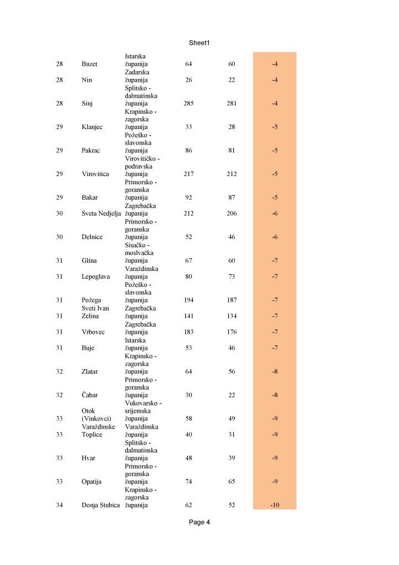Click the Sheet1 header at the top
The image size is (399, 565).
pos(199,42)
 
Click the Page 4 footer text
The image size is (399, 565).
pos(199,522)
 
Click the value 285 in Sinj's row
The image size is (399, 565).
pos(188,103)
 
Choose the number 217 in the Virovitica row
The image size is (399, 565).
pos(188,174)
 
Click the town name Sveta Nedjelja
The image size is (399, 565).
pos(100,214)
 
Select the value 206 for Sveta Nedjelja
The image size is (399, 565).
pos(231,214)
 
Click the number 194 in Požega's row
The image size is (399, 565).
pos(188,300)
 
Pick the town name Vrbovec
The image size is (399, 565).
pos(93,332)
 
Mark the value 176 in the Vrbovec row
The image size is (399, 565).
pos(231,332)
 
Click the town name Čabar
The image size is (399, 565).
pos(90,395)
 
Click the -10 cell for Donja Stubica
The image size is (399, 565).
pos(274,505)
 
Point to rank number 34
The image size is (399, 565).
pos(60,505)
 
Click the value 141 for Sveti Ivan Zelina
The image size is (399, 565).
pos(188,316)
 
